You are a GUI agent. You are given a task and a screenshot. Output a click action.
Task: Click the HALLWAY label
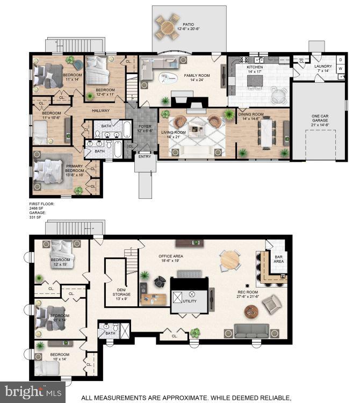click(x=100, y=111)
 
